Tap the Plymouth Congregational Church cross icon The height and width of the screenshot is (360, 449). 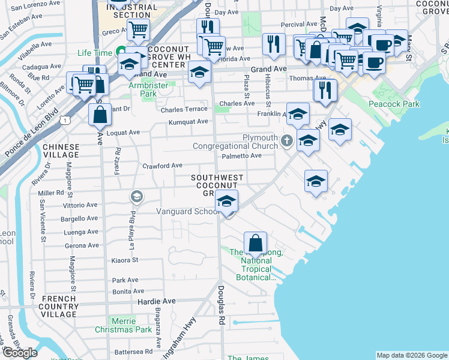coord(287,142)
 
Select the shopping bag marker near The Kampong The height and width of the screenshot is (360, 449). coord(256,243)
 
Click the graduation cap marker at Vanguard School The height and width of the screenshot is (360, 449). coord(226,201)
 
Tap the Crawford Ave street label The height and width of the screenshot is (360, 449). coord(162,166)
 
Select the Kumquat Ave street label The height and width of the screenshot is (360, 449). coord(188,121)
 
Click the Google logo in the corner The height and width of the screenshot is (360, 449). coord(20,353)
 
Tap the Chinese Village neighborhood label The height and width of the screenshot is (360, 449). coord(61,151)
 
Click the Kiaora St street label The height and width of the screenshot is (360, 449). coord(125,260)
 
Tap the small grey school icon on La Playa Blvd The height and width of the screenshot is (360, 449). coord(136,196)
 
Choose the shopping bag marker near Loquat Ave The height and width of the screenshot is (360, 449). coord(100,114)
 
